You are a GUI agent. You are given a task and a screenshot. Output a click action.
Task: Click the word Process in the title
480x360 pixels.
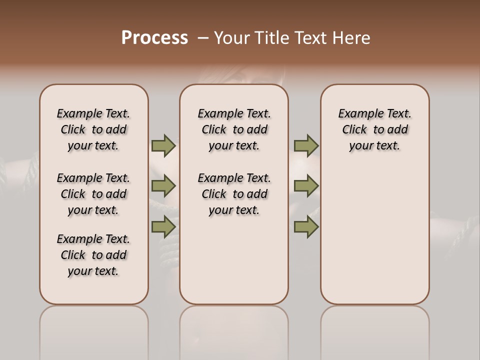click(x=154, y=38)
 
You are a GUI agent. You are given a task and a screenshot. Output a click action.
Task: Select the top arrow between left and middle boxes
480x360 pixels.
click(x=163, y=145)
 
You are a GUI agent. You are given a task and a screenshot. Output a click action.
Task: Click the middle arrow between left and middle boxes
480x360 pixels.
click(x=163, y=186)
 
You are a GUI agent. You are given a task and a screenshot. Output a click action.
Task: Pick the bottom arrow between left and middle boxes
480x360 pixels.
click(x=163, y=226)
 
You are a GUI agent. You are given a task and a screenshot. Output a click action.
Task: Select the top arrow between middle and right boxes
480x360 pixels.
click(x=306, y=145)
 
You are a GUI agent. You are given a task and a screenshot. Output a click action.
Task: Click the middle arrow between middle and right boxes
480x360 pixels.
click(x=306, y=186)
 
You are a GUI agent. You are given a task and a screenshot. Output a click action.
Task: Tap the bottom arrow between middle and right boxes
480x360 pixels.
click(x=306, y=226)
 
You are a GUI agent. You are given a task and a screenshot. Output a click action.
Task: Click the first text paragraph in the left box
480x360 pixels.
click(x=93, y=129)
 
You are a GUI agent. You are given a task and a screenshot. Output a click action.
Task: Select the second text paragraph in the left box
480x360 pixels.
click(x=93, y=194)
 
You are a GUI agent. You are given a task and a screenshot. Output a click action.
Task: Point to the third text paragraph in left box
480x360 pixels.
click(x=93, y=255)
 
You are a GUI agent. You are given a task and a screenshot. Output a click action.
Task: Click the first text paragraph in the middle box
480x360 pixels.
click(x=234, y=129)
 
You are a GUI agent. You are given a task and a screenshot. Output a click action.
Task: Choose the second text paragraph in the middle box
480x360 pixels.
click(x=234, y=194)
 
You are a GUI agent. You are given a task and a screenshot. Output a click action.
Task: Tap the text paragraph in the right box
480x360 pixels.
click(x=374, y=129)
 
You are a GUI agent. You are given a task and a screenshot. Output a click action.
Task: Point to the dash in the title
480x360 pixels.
click(x=203, y=38)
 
